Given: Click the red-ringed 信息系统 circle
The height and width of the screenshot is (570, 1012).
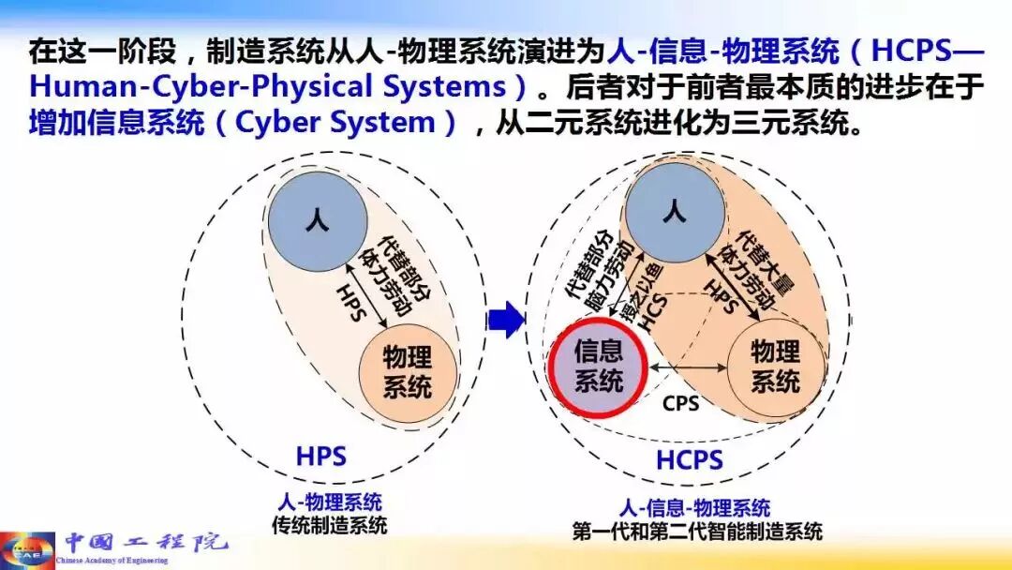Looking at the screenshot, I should (599, 368).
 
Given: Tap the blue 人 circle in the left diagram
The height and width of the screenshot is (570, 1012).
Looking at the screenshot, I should (315, 224).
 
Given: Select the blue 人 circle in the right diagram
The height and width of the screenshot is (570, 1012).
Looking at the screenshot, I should (675, 214).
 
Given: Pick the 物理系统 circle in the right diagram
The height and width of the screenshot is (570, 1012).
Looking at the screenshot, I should (776, 367).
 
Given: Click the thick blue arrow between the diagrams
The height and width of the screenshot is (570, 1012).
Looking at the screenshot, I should (508, 321).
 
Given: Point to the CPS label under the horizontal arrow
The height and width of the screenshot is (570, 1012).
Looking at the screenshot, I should (681, 404).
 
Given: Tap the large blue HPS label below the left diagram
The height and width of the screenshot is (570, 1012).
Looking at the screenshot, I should (321, 457).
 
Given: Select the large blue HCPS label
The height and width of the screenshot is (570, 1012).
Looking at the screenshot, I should (689, 461).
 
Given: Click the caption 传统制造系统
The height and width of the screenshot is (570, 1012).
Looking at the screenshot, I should (329, 525).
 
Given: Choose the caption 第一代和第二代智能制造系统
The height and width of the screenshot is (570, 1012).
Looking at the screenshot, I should (697, 532).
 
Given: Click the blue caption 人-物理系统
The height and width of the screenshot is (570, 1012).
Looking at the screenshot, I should (330, 503).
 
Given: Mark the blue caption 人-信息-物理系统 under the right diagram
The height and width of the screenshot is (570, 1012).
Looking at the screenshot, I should (695, 508).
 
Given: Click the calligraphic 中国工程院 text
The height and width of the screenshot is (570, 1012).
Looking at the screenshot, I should (145, 542).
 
